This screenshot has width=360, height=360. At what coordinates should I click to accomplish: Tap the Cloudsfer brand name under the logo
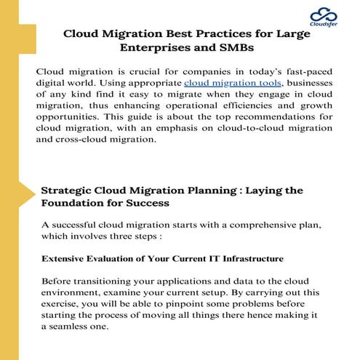pos(324,26)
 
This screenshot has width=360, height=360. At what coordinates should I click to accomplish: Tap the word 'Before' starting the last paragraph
pos(57,281)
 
